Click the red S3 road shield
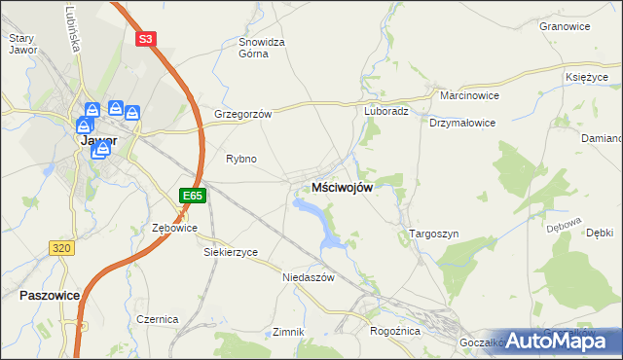(x=145, y=39)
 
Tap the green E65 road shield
(x=193, y=196)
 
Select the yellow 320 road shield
(x=61, y=248)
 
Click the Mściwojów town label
(x=342, y=188)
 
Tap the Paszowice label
(x=49, y=294)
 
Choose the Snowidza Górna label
(x=262, y=48)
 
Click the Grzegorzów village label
(x=242, y=113)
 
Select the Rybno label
(x=240, y=159)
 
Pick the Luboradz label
(x=386, y=111)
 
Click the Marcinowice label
(x=469, y=96)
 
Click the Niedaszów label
(x=308, y=277)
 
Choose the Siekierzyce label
(x=231, y=252)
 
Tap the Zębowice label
(x=176, y=228)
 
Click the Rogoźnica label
(x=394, y=331)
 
